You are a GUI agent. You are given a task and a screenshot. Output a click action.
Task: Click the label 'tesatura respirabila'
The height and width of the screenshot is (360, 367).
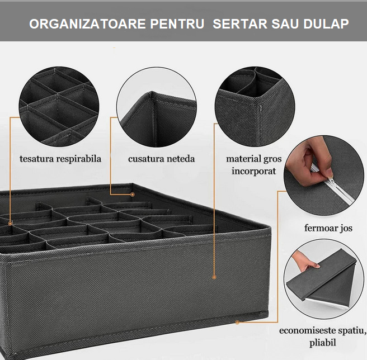(60, 159)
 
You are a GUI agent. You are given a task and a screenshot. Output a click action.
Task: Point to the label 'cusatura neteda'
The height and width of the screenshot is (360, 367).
(162, 159)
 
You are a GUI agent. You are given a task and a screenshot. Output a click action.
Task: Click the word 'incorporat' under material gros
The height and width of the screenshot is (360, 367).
(254, 171)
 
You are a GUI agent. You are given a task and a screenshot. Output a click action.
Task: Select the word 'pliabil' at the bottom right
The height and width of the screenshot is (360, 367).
(323, 342)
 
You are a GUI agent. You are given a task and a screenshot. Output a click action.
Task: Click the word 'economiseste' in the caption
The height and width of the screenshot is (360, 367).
(307, 330)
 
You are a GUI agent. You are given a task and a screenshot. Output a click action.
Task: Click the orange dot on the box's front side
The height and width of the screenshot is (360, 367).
(213, 276)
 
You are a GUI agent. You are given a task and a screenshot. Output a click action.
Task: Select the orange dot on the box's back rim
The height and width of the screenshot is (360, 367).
(133, 195)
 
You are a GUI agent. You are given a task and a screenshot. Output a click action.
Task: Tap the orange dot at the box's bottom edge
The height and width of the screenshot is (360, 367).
(237, 322)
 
